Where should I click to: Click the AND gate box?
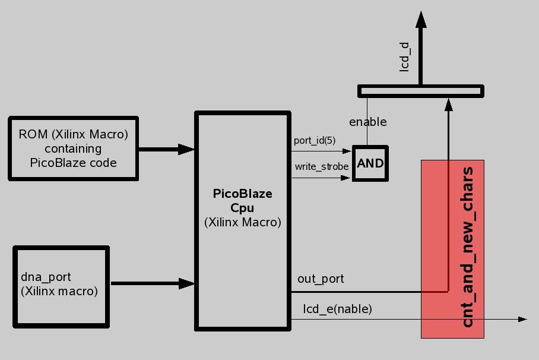[x=370, y=163]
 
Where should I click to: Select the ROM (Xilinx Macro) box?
[x=73, y=149]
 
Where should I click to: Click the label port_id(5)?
[x=314, y=141]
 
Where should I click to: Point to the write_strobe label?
[x=322, y=166]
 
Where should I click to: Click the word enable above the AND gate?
[x=367, y=122]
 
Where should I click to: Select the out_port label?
[x=321, y=279]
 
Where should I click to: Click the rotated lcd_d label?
[x=405, y=56]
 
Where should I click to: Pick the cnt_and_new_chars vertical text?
[x=468, y=247]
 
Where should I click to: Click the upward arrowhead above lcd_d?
[x=421, y=20]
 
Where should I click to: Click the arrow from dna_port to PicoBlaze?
[x=153, y=283]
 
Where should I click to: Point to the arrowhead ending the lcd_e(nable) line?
[x=522, y=319]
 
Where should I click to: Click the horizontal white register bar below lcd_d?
[x=420, y=91]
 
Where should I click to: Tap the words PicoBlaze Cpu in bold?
[x=243, y=201]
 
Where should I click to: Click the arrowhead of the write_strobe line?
[x=347, y=177]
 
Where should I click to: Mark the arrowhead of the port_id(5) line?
[x=347, y=151]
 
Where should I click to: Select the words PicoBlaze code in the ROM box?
[x=73, y=162]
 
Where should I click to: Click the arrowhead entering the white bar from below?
[x=448, y=105]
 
